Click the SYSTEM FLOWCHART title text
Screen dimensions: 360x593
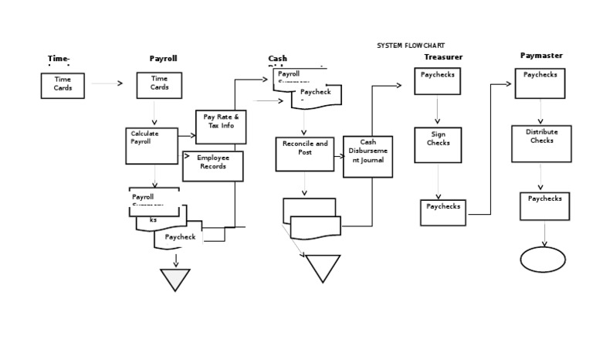point(410,46)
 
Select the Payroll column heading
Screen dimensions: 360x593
point(163,59)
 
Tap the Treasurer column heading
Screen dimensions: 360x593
point(443,57)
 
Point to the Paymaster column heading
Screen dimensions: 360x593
point(541,56)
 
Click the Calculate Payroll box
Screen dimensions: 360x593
point(151,145)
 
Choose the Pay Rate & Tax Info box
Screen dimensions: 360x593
point(221,127)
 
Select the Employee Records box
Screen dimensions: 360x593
point(212,166)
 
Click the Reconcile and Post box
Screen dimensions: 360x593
point(304,154)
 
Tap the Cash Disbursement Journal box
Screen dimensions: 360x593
point(368,156)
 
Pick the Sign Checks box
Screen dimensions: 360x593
point(438,144)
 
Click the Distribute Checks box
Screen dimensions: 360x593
point(541,143)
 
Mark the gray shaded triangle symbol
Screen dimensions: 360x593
point(175,279)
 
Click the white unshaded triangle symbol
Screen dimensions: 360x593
point(323,268)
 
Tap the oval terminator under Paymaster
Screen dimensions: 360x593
point(543,260)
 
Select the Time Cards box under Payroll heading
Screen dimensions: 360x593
point(159,85)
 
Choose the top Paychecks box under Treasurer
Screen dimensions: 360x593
point(438,81)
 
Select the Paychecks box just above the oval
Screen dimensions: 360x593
point(544,206)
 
